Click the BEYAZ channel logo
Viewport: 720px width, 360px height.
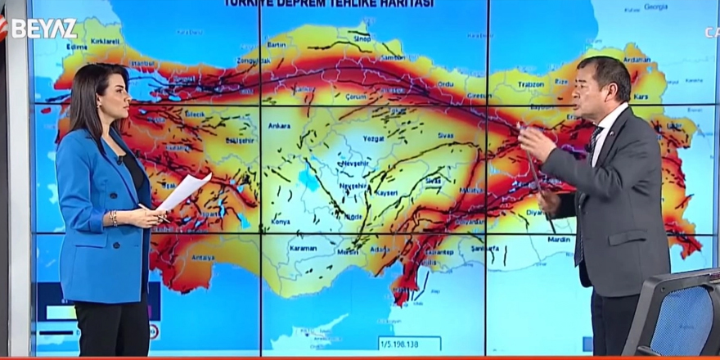[x=43, y=28]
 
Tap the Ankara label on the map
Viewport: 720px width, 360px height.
[x=279, y=126]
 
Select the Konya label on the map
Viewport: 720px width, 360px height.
[x=281, y=222]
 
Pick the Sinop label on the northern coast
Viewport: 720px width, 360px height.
[x=361, y=38]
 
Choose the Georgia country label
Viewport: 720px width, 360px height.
[x=656, y=7]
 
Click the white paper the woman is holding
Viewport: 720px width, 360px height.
[x=184, y=191]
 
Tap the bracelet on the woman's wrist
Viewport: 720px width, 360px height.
[x=114, y=218]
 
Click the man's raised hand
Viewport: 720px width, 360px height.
[x=537, y=143]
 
